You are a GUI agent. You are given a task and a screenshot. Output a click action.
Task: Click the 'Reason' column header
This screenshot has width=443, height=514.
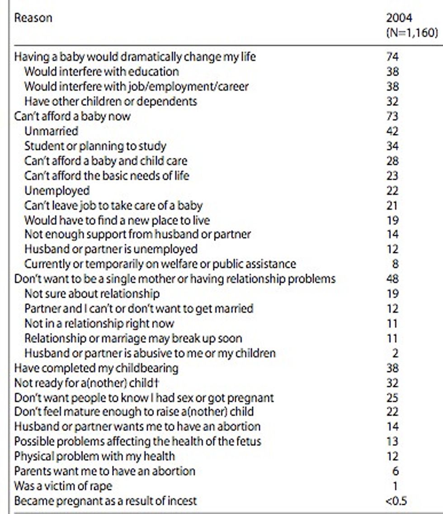[33, 18]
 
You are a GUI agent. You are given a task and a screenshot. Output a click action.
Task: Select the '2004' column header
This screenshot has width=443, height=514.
[399, 18]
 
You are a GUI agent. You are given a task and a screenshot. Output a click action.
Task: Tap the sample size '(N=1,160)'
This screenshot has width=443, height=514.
[412, 33]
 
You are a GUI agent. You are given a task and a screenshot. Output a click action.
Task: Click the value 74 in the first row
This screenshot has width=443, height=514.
[392, 57]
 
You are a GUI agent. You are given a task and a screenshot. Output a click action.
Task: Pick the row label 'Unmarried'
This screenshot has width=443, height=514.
[51, 131]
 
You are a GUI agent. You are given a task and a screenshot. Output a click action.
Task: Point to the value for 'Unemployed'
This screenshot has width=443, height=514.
[392, 191]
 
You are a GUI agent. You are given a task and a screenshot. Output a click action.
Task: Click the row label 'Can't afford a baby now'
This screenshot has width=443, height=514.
[72, 116]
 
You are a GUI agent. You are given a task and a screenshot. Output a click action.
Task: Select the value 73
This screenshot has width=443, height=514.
[392, 116]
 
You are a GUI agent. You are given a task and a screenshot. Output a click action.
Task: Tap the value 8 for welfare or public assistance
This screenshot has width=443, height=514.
[396, 264]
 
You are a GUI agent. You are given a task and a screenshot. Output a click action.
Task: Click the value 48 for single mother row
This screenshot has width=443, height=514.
[392, 279]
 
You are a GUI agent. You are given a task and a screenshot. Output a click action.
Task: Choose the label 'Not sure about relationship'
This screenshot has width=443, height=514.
[92, 294]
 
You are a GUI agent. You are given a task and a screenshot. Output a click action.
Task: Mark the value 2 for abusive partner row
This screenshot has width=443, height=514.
[396, 354]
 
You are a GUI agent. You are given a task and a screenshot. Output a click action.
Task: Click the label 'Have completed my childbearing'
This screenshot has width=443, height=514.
[96, 368]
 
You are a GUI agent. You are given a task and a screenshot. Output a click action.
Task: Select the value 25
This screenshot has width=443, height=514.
[392, 398]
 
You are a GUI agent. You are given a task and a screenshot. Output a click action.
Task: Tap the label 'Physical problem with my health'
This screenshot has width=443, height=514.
[94, 456]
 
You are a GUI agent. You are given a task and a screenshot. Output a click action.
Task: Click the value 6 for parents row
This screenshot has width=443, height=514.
[396, 472]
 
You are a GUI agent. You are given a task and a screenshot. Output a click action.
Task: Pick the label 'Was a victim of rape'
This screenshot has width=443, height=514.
[63, 486]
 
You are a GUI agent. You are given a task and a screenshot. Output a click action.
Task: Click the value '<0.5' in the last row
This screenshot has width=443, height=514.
[396, 501]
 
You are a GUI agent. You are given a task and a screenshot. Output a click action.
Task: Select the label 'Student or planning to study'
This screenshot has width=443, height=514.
[95, 146]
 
